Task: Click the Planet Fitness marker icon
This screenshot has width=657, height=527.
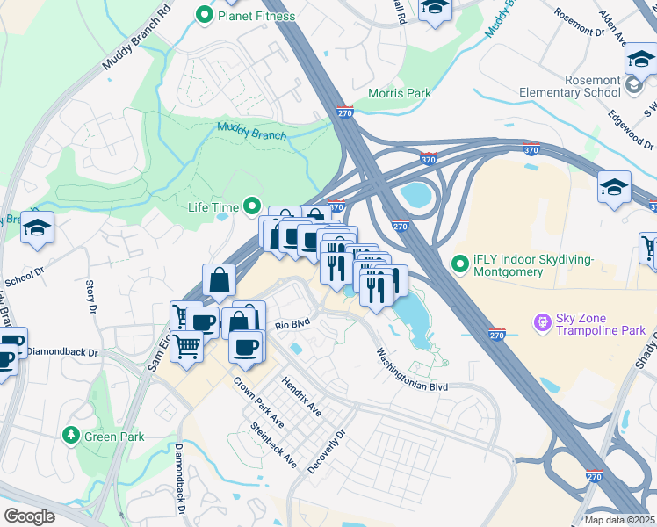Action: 205,14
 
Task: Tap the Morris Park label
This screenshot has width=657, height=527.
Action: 400,93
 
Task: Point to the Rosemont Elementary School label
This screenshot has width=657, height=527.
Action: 581,86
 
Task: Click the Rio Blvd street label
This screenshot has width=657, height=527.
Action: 293,324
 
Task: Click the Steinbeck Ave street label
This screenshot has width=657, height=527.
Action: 273,445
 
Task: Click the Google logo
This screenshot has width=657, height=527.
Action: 29,516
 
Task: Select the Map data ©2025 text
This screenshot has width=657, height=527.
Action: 619,520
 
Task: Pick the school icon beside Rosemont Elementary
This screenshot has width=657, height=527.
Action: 633,86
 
